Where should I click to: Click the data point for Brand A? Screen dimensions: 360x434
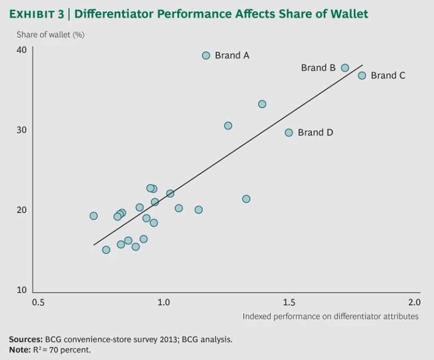coord(206,55)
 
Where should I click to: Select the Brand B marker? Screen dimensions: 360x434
coord(345,68)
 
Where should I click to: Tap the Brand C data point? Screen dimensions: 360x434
coord(362,75)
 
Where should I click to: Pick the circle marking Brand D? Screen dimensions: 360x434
coord(289,132)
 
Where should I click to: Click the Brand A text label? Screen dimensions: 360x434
coord(232,55)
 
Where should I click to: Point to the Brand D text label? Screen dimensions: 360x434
coord(315,132)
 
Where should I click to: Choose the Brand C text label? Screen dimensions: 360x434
coord(388,75)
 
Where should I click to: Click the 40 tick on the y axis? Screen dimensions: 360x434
coord(21,50)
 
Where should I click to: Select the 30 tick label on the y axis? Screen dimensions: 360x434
coord(21,129)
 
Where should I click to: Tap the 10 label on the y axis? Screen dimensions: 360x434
coord(21,290)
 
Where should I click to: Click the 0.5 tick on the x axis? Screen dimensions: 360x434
coord(38,302)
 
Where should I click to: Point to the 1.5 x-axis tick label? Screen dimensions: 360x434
coord(289,302)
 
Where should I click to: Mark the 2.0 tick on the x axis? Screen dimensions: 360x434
coord(414,302)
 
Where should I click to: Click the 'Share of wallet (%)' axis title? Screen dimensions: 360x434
coord(50,34)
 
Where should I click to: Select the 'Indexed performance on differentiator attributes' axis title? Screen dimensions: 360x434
coord(331,316)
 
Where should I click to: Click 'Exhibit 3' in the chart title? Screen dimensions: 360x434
coord(37,14)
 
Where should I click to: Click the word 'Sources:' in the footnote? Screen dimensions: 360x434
coord(25,340)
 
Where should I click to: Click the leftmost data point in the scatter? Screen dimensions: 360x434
coord(94,216)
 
